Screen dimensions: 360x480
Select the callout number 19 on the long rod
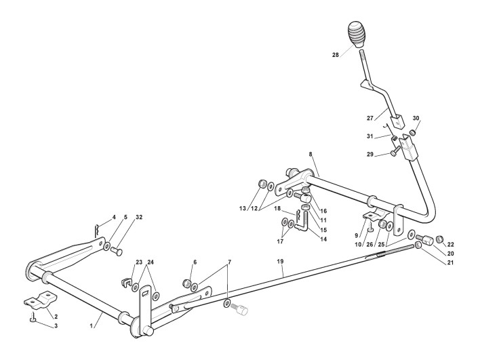(281, 261)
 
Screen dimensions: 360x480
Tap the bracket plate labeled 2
(39, 300)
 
